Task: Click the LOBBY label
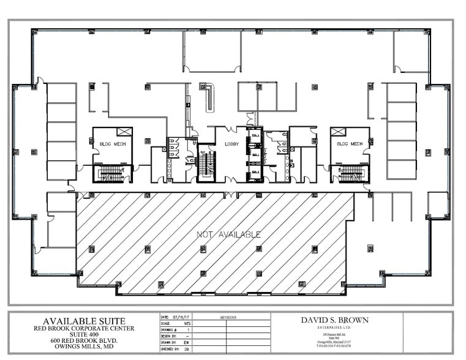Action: click(x=231, y=144)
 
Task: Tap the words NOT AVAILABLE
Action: click(x=228, y=234)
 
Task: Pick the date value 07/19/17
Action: click(x=184, y=318)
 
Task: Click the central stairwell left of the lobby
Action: click(x=206, y=163)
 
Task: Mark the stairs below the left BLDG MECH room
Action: click(x=111, y=174)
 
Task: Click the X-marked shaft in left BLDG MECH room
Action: click(x=124, y=132)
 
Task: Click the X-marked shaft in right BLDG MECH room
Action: click(x=337, y=132)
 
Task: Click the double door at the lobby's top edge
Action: click(x=232, y=129)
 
